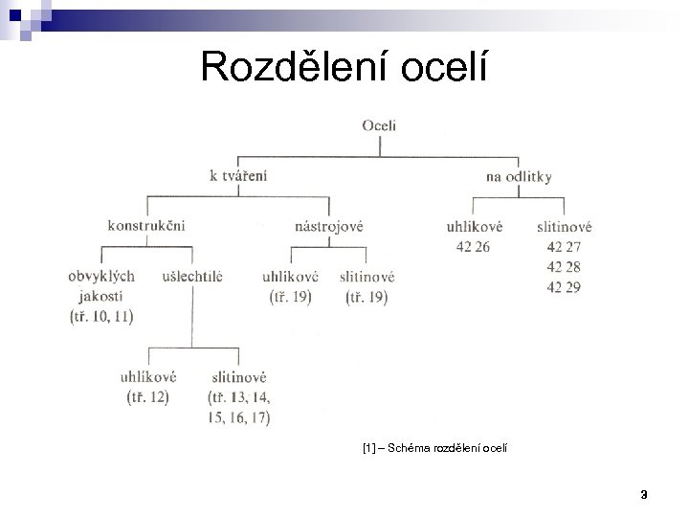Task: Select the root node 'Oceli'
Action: (x=380, y=125)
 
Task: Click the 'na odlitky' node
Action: (x=518, y=176)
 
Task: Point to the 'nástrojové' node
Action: (x=329, y=226)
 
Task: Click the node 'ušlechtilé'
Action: (x=193, y=276)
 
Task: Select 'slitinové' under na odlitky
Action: (x=564, y=227)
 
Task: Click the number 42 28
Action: (x=564, y=267)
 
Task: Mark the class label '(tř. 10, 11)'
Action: (x=101, y=317)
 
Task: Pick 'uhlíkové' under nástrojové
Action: (x=290, y=276)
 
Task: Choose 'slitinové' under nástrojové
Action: (x=367, y=276)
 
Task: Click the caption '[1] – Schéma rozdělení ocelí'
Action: (x=436, y=447)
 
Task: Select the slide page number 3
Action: (x=644, y=494)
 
